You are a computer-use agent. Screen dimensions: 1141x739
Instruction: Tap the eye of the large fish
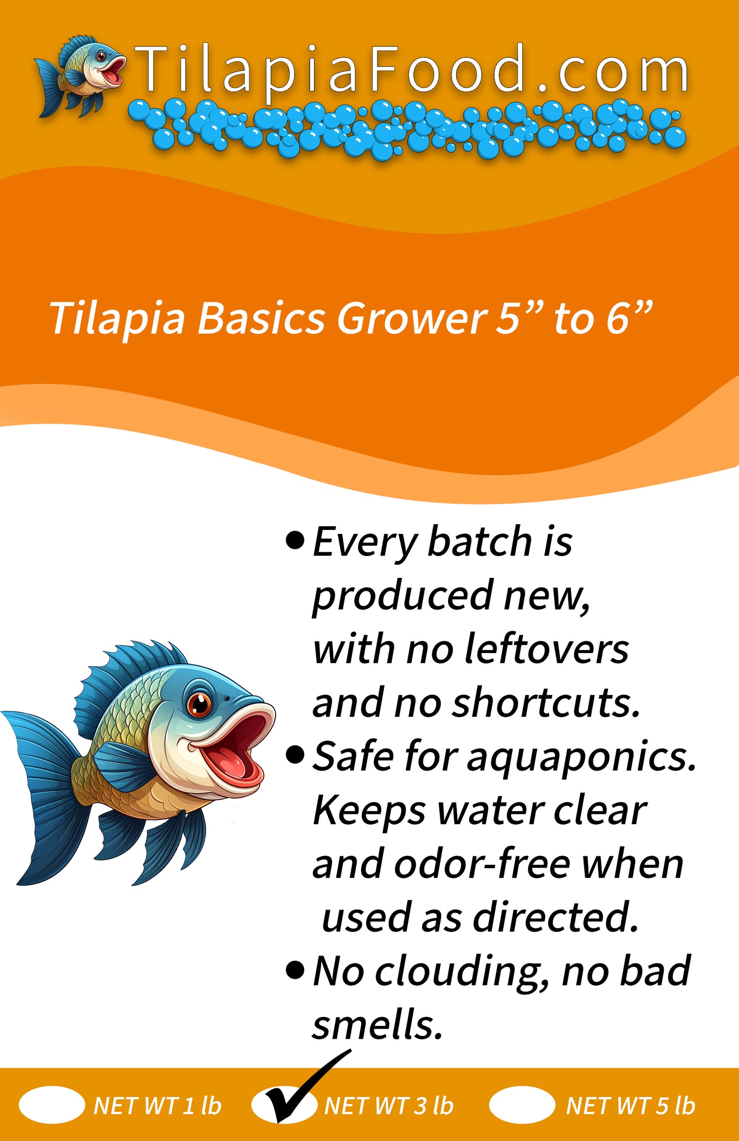click(x=199, y=704)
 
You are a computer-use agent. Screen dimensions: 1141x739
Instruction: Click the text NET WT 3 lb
click(x=389, y=1106)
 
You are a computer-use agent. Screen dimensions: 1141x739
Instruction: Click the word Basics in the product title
click(x=261, y=318)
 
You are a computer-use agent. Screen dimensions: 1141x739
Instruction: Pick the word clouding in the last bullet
click(x=458, y=972)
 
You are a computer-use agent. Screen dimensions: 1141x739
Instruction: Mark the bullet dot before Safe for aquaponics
click(x=295, y=754)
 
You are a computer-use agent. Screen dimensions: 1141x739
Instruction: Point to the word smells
click(x=377, y=1026)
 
